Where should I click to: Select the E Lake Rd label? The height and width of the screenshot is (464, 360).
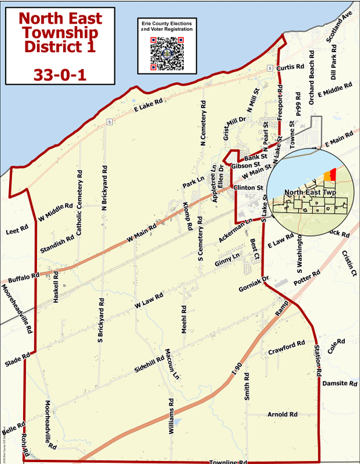tap(148, 106)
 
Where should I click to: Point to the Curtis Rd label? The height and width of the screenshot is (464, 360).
tap(289, 67)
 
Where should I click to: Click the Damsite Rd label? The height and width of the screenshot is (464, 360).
tap(339, 383)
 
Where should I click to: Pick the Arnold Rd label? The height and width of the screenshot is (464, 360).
tap(282, 415)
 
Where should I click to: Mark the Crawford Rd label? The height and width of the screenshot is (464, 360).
tap(287, 348)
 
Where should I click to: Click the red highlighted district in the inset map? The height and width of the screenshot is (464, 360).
tap(333, 175)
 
